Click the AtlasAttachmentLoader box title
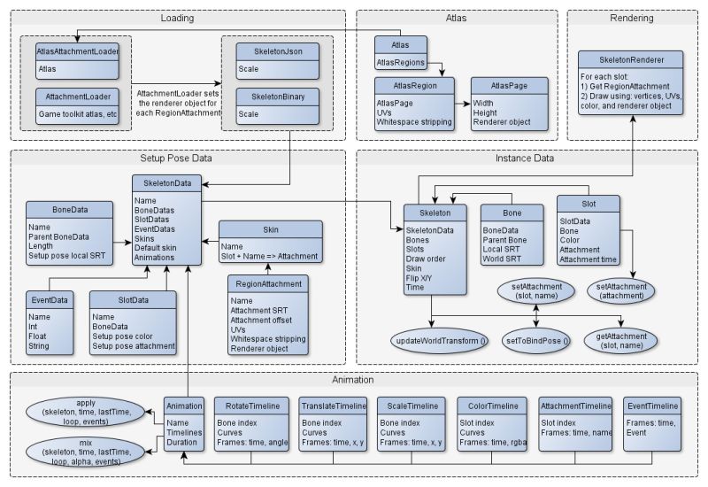point(78,51)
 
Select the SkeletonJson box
point(276,60)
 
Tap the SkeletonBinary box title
point(276,96)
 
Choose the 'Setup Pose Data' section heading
point(177,158)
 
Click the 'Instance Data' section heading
point(526,158)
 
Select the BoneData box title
point(69,210)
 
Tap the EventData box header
point(50,300)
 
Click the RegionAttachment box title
point(267,284)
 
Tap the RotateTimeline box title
point(252,406)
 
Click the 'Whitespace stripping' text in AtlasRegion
point(413,120)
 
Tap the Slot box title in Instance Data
point(588,204)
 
